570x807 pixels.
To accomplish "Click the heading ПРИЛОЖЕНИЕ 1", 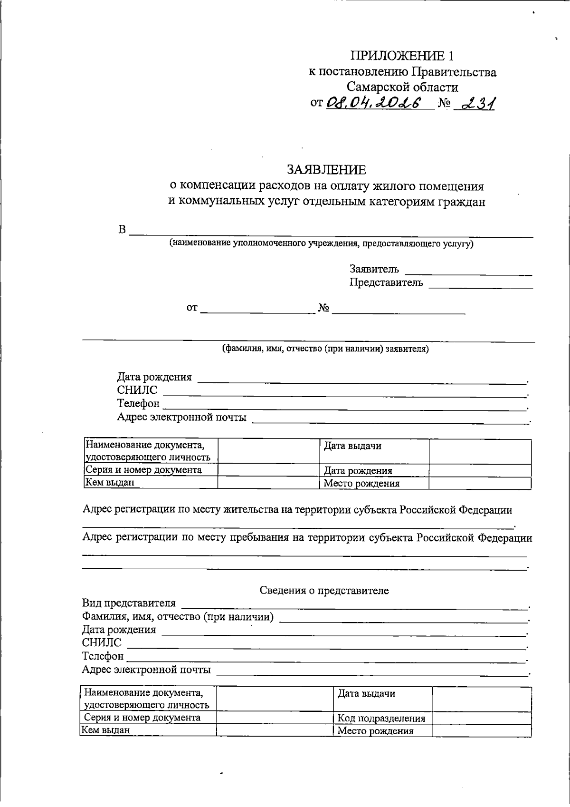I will point(402,56).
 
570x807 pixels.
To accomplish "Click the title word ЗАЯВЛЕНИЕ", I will point(326,170).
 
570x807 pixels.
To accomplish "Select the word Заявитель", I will point(374,269).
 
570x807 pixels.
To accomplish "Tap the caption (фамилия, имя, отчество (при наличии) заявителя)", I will point(326,349).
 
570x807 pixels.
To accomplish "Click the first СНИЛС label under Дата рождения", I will point(137,390).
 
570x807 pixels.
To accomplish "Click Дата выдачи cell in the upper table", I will point(352,446).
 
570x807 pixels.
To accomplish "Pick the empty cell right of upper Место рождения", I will point(480,483).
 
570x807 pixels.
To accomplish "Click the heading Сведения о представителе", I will point(324,591).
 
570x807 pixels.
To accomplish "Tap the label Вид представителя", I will point(129,603).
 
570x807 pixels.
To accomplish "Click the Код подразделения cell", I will point(381,719).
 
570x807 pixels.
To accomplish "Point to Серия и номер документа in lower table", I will point(142,718).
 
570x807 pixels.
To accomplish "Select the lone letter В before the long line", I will point(122,230).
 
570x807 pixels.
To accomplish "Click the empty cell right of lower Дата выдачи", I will point(481,699).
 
